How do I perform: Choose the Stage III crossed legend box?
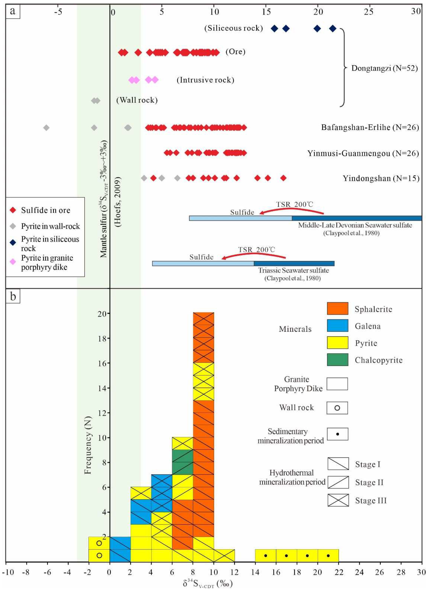tap(338, 500)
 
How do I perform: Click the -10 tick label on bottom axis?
tap(8, 572)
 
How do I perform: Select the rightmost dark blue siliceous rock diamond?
tap(333, 28)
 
